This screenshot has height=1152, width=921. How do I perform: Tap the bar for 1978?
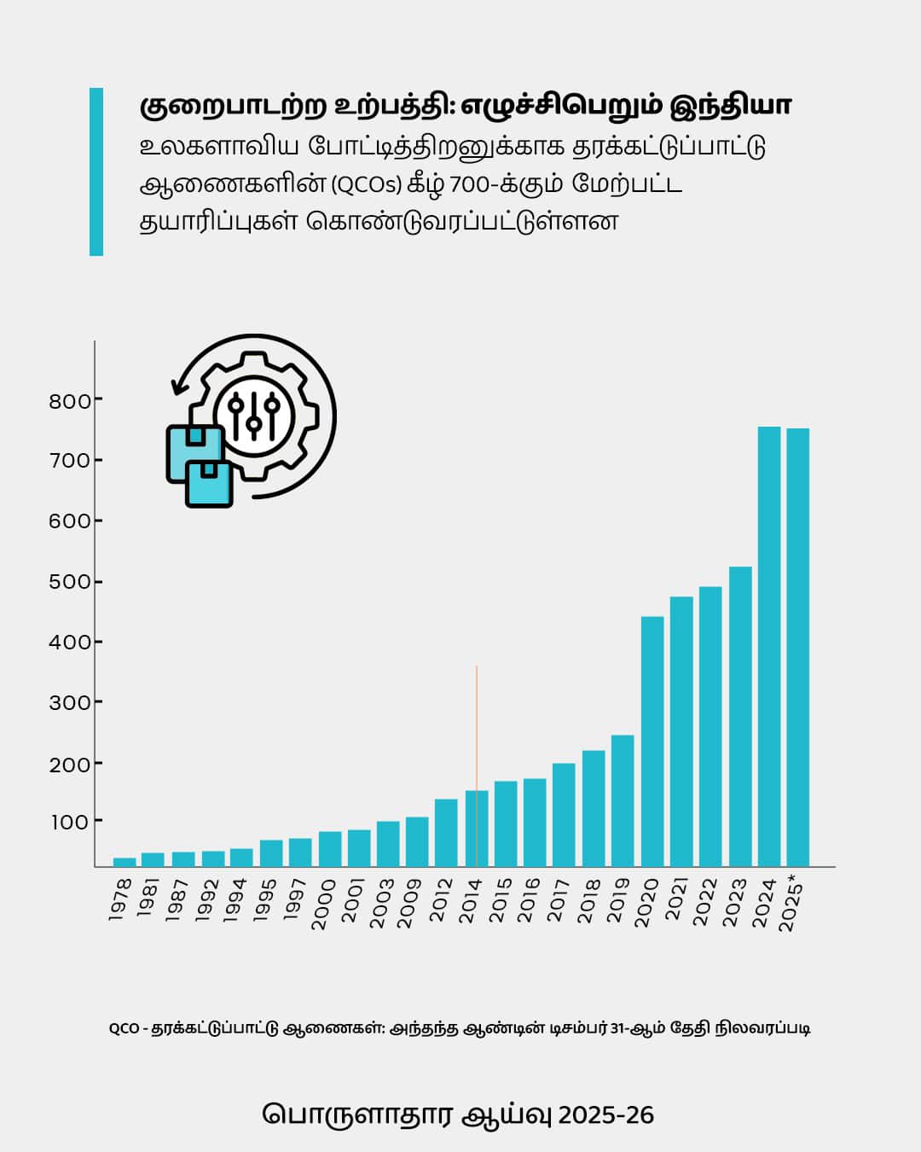coord(125,862)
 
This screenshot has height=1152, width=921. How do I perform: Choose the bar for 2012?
coord(446,832)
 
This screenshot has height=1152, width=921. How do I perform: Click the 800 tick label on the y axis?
coord(70,401)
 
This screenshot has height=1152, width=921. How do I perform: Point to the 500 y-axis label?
coord(70,583)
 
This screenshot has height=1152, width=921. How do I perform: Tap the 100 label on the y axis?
coord(70,823)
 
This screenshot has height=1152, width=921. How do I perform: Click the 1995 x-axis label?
coord(265,899)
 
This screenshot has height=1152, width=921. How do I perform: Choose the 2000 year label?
coord(324,903)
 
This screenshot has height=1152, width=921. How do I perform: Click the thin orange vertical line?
coord(477,725)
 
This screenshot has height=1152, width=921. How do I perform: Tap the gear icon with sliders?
coord(253,416)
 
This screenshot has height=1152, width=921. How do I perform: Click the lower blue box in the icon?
coord(209,484)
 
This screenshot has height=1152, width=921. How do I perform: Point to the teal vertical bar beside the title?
coord(96,172)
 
